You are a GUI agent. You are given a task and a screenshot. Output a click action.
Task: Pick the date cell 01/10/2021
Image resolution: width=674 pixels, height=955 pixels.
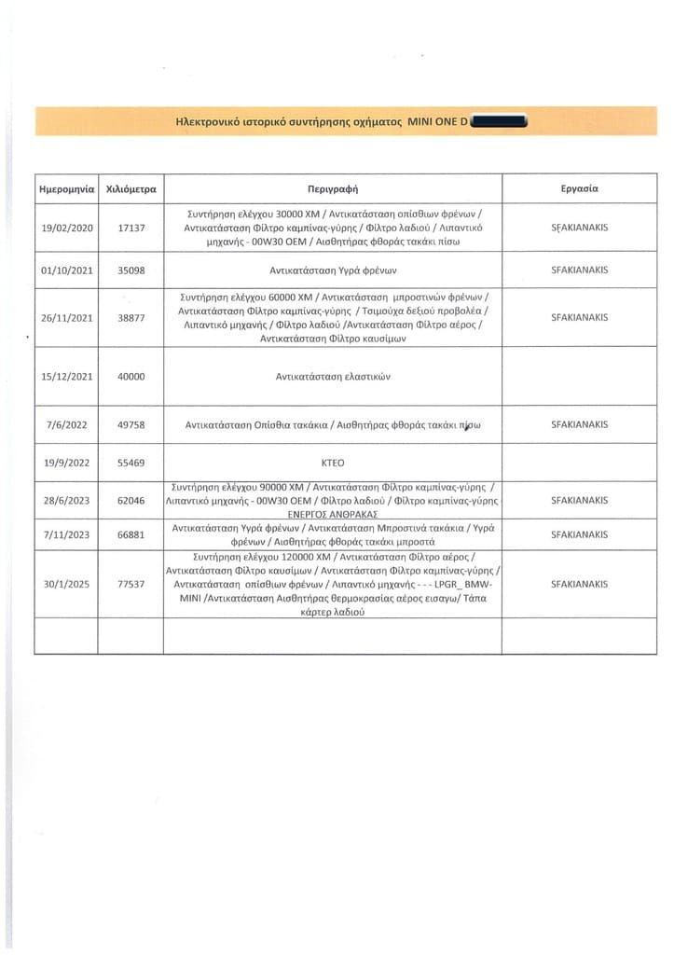pyautogui.click(x=66, y=270)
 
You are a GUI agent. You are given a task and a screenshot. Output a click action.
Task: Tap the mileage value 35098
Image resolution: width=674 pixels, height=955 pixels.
pyautogui.click(x=131, y=270)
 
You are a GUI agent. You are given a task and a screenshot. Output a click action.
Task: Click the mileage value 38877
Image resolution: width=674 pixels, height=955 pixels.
pyautogui.click(x=131, y=318)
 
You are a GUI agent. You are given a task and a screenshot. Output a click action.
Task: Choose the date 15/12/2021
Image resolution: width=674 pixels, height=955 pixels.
pyautogui.click(x=66, y=377)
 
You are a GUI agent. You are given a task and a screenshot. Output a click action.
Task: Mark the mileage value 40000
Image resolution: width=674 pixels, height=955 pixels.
pyautogui.click(x=131, y=377)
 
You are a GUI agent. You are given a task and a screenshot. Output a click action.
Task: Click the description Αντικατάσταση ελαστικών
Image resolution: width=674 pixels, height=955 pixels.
pyautogui.click(x=332, y=377)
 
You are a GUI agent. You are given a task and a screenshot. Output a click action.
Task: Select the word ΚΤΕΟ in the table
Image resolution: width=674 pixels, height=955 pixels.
pyautogui.click(x=332, y=463)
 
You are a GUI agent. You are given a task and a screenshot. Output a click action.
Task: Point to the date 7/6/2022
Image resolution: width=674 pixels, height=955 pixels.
pyautogui.click(x=66, y=425)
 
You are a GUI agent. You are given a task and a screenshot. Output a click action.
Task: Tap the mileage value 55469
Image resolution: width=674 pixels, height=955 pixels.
pyautogui.click(x=131, y=463)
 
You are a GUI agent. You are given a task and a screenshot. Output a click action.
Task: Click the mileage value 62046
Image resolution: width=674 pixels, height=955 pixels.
pyautogui.click(x=131, y=501)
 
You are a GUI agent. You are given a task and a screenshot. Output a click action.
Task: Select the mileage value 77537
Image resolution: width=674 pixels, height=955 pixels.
pyautogui.click(x=131, y=585)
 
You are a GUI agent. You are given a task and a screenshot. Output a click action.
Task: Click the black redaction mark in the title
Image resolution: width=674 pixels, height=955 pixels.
pyautogui.click(x=501, y=122)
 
